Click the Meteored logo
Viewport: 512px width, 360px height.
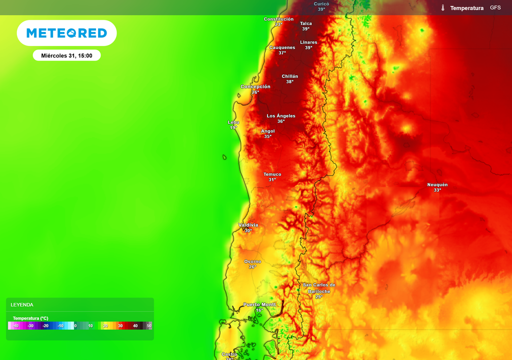pos(66,33)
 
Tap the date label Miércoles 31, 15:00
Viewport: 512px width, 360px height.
pos(66,55)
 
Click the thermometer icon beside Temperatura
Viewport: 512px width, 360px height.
pos(443,8)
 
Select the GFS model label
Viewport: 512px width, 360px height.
pos(495,8)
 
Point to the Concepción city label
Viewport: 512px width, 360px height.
pos(255,86)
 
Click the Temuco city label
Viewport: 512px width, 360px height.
pos(272,174)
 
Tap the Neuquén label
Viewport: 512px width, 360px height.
pos(437,184)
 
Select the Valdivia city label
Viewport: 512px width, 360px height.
pos(248,225)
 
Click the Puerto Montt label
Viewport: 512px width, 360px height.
pos(259,304)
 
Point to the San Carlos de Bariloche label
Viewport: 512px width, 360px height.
pos(319,288)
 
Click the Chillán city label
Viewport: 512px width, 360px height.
pos(290,76)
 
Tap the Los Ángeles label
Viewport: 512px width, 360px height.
pos(281,116)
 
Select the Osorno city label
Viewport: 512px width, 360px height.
pos(252,261)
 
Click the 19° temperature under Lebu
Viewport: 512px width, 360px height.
pos(233,127)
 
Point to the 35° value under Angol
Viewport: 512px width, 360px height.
pos(268,136)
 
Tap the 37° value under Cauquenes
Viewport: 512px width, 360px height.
pos(282,53)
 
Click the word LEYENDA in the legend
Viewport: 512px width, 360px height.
pos(22,304)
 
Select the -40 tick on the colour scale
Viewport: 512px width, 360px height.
pos(15,325)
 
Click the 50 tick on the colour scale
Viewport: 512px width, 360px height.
pos(149,325)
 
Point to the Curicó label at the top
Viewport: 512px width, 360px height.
pos(321,3)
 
